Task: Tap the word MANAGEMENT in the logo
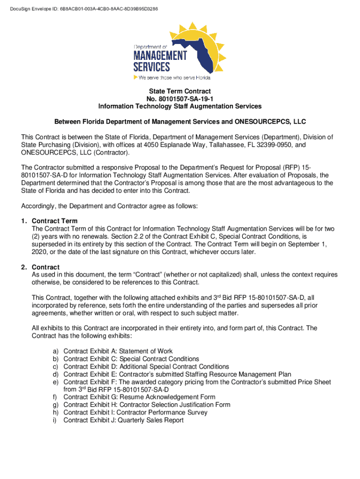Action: click(160, 56)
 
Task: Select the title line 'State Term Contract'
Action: click(180, 91)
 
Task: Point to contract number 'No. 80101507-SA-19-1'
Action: click(180, 99)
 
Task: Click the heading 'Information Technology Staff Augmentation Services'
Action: click(180, 106)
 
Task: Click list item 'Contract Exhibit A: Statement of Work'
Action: click(118, 351)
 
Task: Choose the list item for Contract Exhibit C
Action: click(131, 359)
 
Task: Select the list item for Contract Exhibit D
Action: click(146, 367)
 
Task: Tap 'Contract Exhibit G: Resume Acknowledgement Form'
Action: click(139, 397)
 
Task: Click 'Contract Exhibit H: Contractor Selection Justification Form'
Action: click(147, 405)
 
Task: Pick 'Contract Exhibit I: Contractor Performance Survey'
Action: click(136, 413)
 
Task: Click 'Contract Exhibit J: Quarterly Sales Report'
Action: click(123, 420)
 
